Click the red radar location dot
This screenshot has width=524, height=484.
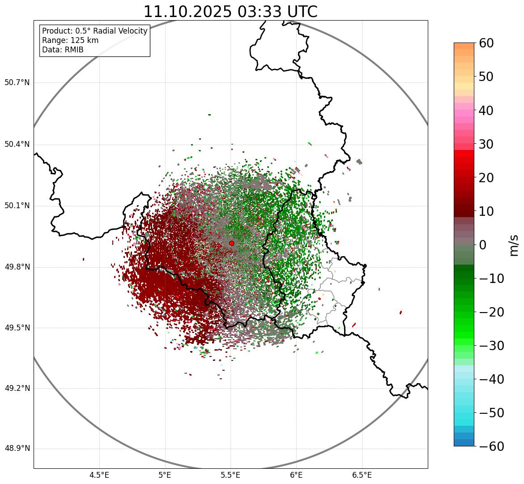231,243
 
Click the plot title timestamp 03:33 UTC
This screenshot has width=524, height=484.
277,12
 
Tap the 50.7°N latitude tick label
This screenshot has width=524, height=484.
17,83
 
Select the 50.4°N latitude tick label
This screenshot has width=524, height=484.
17,144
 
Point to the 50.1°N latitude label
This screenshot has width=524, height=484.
17,206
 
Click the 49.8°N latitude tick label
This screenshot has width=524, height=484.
17,267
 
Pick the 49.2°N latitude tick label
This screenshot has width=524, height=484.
17,388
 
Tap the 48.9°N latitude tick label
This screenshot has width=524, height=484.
17,449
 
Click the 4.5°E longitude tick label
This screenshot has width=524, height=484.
99,475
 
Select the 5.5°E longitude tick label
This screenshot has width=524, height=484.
230,475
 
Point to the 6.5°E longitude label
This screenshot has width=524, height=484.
362,475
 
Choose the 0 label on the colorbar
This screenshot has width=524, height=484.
483,245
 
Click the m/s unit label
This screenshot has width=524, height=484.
514,245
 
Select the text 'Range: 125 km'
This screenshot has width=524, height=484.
70,40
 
